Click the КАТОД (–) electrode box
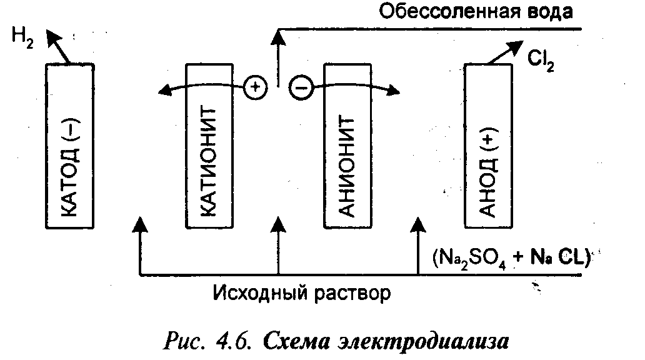71,146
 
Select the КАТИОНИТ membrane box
209,146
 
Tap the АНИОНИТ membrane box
346,146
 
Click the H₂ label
22,37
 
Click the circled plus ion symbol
254,87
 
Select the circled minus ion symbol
300,88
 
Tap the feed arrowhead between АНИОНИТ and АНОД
417,223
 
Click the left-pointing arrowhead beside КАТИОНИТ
164,93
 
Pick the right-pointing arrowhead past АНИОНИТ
392,92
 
